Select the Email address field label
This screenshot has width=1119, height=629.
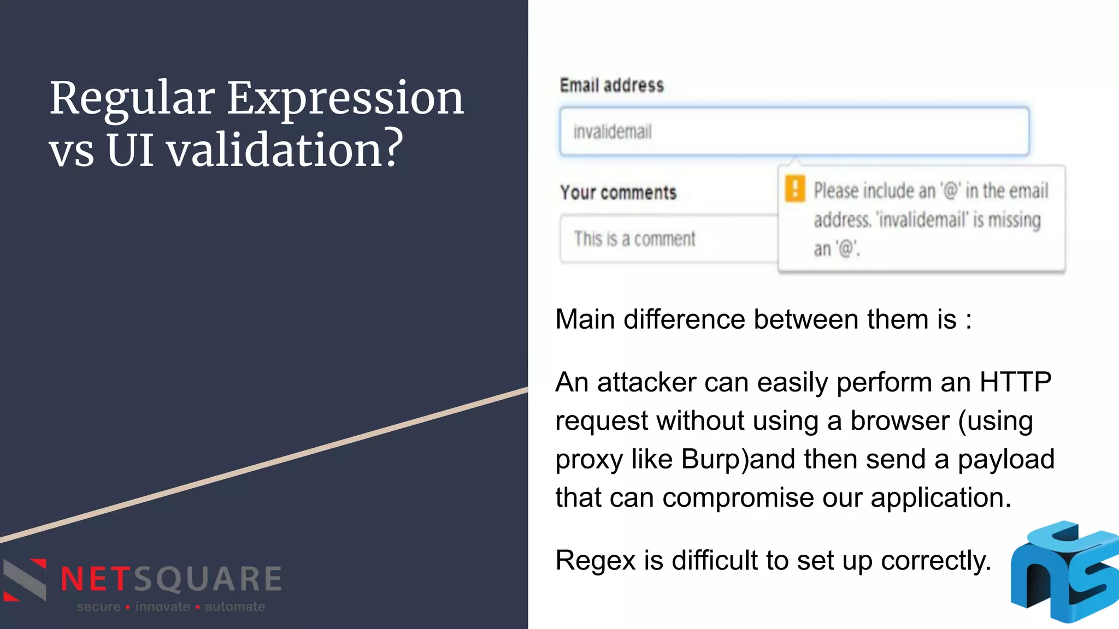pos(612,85)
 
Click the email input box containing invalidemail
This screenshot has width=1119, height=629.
pos(794,132)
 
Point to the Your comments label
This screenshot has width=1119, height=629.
pos(618,192)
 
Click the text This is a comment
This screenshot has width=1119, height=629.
pos(634,239)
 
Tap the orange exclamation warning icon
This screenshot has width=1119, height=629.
pos(794,189)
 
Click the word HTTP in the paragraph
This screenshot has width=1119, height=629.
pos(1015,382)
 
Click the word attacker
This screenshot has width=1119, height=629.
pos(646,382)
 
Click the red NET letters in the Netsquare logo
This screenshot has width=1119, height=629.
pos(96,579)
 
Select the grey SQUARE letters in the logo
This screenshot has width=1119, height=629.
pos(208,579)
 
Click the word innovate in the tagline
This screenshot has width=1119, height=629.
pos(162,607)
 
